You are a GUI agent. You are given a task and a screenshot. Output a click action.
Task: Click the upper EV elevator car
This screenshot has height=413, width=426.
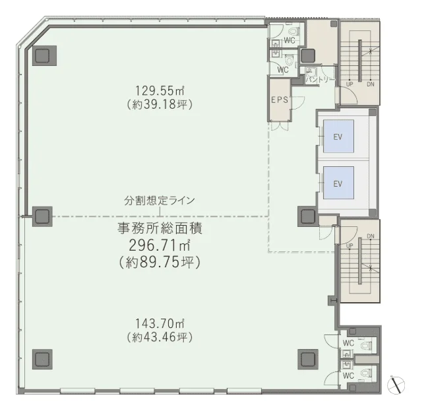coord(338,136)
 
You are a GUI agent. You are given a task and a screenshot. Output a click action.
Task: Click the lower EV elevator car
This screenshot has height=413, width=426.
coord(338,183)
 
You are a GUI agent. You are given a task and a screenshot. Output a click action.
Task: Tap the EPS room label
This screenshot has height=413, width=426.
coord(280,100)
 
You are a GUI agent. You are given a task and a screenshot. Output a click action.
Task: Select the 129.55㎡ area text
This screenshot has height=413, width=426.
coord(160,90)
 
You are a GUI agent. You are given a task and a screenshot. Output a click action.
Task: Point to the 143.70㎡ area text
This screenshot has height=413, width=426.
coord(160,323)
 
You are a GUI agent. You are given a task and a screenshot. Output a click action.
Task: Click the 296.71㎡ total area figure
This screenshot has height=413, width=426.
coord(159,245)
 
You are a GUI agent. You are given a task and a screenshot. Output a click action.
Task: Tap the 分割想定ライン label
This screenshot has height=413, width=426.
coord(160,201)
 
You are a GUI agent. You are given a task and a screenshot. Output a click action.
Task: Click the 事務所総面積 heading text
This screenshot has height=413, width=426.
coord(160,228)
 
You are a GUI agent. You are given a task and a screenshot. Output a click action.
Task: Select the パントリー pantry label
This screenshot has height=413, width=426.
coord(319,80)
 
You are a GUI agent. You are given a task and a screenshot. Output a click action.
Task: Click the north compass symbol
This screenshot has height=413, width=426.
coord(396,385)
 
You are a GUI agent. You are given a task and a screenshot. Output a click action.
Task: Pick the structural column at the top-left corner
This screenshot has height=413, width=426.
coord(44,55)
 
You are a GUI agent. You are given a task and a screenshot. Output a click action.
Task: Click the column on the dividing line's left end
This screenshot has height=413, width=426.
coord(42,216)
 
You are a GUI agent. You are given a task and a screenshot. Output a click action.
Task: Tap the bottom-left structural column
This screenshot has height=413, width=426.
coord(42,359)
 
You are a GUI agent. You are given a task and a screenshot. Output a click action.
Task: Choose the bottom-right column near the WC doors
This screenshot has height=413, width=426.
coord(308,359)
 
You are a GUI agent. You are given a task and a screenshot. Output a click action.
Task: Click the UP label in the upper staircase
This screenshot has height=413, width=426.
coord(350,84)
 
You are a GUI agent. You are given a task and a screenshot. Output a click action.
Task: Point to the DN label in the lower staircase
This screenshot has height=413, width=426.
coord(371,236)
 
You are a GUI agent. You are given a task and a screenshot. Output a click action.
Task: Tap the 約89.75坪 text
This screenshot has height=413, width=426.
coord(160,263)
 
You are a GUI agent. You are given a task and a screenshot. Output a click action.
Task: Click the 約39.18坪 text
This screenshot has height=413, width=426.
coord(160,104)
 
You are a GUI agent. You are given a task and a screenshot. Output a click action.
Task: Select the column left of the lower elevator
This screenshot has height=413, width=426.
coord(308,216)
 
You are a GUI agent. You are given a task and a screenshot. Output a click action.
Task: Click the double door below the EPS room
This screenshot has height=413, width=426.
coord(280,126)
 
